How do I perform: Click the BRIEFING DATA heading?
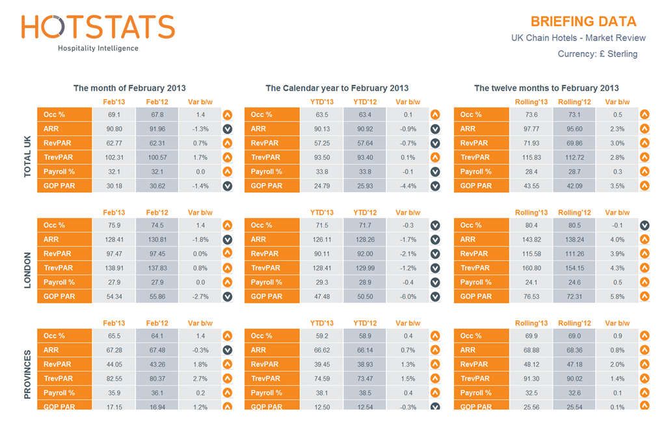tap(583, 21)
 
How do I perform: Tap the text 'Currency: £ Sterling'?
tap(597, 54)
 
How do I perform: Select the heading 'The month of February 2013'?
tap(129, 88)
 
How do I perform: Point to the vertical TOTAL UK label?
tap(27, 152)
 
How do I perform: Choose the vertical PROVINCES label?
tap(27, 375)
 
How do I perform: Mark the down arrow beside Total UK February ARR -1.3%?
tap(228, 129)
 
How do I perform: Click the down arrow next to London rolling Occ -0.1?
tap(644, 225)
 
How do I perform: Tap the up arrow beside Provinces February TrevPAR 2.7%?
tap(228, 379)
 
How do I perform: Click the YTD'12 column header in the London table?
tap(365, 213)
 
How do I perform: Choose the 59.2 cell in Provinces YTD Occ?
tap(321, 336)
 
